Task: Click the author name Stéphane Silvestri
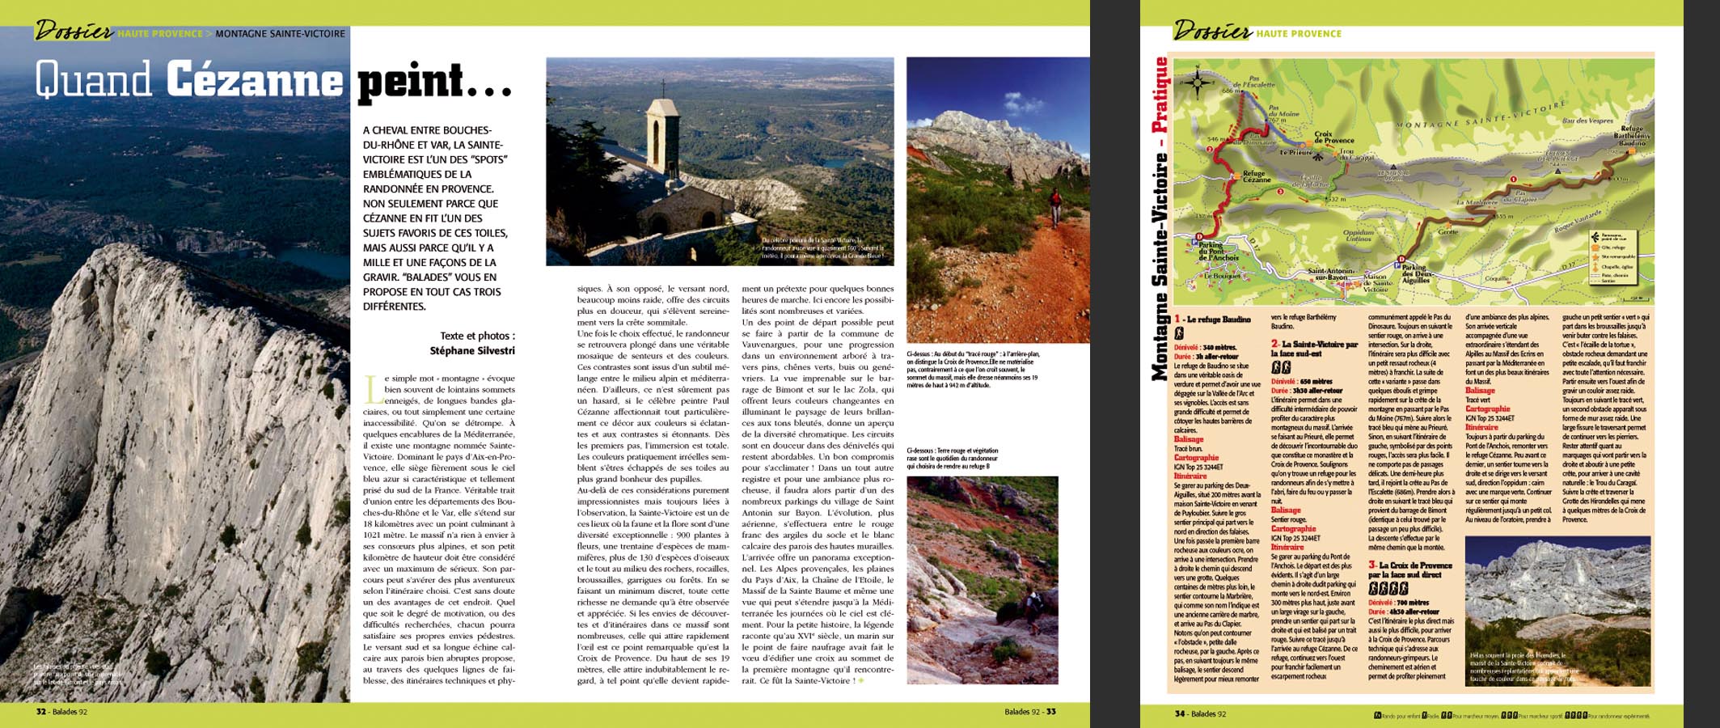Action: [472, 351]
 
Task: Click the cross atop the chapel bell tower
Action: [663, 87]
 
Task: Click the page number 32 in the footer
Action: [41, 713]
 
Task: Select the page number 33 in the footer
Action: [1050, 712]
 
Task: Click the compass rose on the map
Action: [1198, 82]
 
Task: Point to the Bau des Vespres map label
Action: [1587, 121]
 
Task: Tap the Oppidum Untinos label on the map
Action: [1358, 235]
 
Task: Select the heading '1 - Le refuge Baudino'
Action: [1212, 320]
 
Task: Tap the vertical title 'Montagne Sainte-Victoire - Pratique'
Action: [1160, 218]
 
